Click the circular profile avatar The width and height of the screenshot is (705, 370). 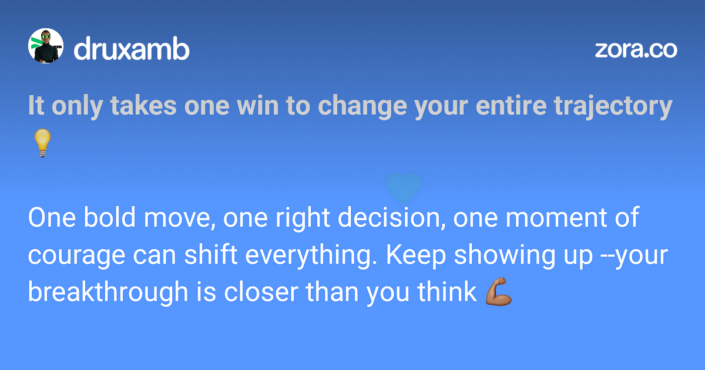tap(46, 46)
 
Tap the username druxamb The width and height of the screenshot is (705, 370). tap(132, 48)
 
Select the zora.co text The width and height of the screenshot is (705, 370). tap(636, 50)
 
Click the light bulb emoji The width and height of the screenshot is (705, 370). tap(42, 143)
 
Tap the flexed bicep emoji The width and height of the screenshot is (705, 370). tap(499, 291)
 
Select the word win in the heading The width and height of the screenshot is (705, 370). tap(258, 105)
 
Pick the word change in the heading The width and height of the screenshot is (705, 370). tap(362, 106)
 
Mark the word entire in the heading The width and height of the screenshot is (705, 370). tap(511, 105)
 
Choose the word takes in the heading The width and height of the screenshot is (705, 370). tap(143, 105)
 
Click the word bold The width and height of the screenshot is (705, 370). tap(109, 217)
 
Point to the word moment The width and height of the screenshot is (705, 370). tap(556, 218)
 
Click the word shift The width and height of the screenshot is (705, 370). tap(210, 254)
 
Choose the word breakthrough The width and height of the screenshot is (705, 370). tap(108, 292)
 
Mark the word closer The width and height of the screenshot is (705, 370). tap(261, 291)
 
